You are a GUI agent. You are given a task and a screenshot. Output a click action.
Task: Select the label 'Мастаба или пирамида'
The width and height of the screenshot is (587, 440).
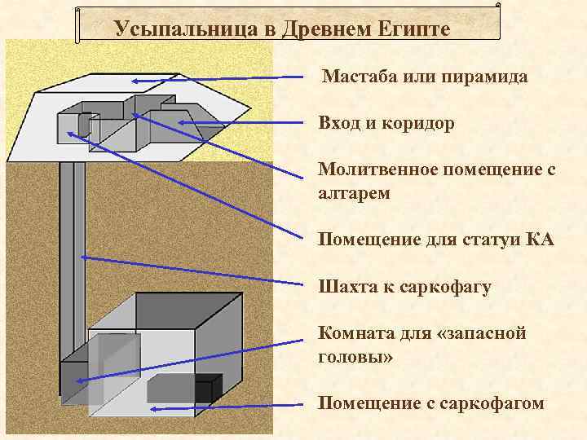(425, 77)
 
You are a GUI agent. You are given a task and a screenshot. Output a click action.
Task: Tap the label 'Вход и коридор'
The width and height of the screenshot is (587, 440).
(386, 124)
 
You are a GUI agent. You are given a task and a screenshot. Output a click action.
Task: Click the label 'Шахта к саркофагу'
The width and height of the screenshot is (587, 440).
(404, 288)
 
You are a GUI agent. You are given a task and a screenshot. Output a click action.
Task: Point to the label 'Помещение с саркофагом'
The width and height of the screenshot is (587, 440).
(431, 403)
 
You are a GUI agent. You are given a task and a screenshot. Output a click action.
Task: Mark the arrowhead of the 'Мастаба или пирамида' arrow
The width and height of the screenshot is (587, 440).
(136, 81)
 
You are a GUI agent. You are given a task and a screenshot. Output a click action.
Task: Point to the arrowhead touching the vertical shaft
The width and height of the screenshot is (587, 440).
(84, 257)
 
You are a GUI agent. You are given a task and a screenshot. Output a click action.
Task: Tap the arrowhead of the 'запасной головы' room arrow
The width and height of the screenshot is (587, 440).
(81, 378)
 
